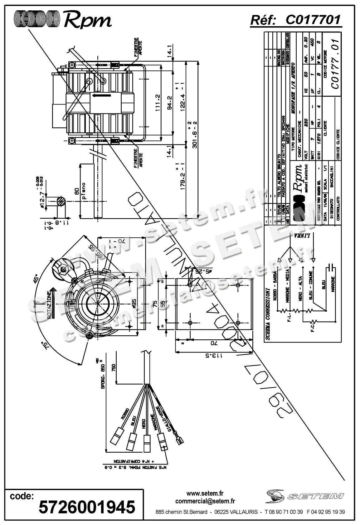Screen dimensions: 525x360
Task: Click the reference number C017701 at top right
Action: point(313,20)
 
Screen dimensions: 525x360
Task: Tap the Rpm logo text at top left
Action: point(87,20)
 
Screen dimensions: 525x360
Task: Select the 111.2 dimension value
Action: point(158,103)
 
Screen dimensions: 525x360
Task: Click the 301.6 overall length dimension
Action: point(195,136)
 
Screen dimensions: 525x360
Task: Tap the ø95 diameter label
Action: point(134,302)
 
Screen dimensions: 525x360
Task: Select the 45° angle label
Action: point(36,279)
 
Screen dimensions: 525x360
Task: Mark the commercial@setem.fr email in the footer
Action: point(205,501)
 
